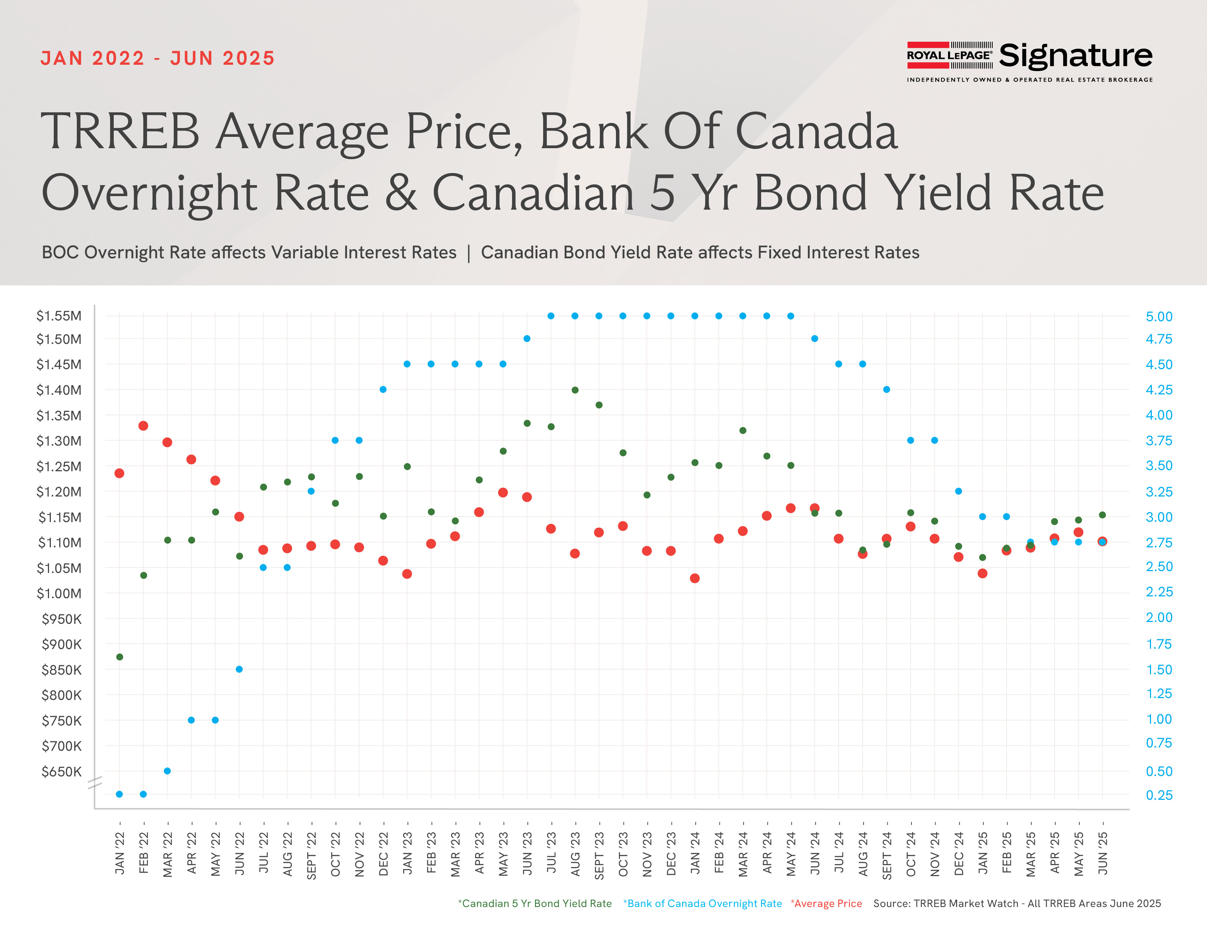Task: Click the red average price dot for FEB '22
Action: tap(143, 426)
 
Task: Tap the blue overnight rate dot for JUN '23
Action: tap(527, 339)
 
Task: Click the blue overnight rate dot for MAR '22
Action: tap(168, 771)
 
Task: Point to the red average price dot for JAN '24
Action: tap(695, 578)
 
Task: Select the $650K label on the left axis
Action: tap(61, 772)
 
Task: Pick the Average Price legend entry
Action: tap(826, 903)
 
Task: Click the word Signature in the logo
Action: tap(1075, 56)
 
